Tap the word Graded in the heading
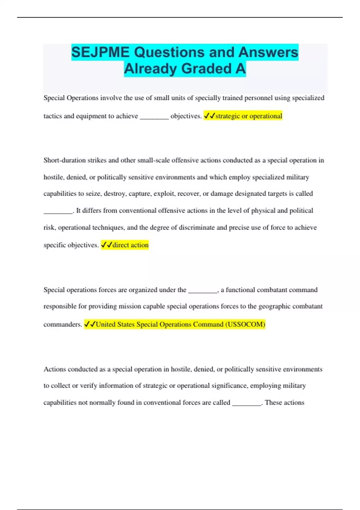click(206, 69)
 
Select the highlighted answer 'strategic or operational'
click(249, 116)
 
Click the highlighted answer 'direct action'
click(130, 245)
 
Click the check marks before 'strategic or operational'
click(209, 116)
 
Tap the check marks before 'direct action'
click(106, 245)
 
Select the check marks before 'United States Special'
click(90, 324)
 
